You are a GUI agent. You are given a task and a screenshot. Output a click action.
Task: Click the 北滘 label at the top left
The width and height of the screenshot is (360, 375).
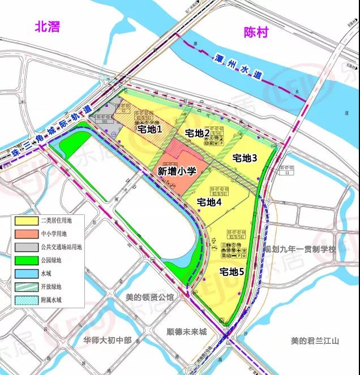[x=47, y=27]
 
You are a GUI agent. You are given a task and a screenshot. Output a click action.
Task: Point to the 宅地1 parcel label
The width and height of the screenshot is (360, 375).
[x=149, y=129]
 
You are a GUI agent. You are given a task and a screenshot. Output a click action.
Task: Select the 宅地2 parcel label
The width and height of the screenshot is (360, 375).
[x=198, y=133]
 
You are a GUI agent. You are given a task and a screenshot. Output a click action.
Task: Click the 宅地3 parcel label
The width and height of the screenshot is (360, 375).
[x=245, y=158]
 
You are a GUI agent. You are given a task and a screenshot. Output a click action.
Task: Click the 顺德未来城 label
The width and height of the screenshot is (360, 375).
[x=187, y=332]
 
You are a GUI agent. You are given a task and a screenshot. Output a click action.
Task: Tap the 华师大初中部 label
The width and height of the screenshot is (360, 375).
[x=107, y=340]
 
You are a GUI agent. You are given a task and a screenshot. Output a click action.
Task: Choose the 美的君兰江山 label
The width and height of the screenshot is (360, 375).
[x=314, y=340]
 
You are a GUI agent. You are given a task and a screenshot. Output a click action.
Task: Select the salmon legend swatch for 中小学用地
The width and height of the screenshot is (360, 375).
[x=25, y=233]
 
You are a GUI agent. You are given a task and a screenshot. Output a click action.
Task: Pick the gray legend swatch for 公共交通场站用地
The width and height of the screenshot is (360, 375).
[x=25, y=246]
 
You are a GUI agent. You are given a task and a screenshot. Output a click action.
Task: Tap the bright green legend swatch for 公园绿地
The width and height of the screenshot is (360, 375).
[x=25, y=260]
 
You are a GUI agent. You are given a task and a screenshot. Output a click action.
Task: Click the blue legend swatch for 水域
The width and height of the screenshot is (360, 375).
[x=25, y=273]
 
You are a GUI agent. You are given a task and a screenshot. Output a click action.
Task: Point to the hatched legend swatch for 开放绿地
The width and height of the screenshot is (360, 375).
[x=25, y=286]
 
